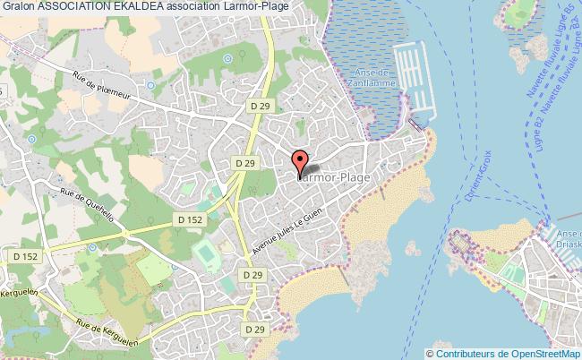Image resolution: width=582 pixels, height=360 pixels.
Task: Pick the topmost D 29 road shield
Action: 260,107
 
